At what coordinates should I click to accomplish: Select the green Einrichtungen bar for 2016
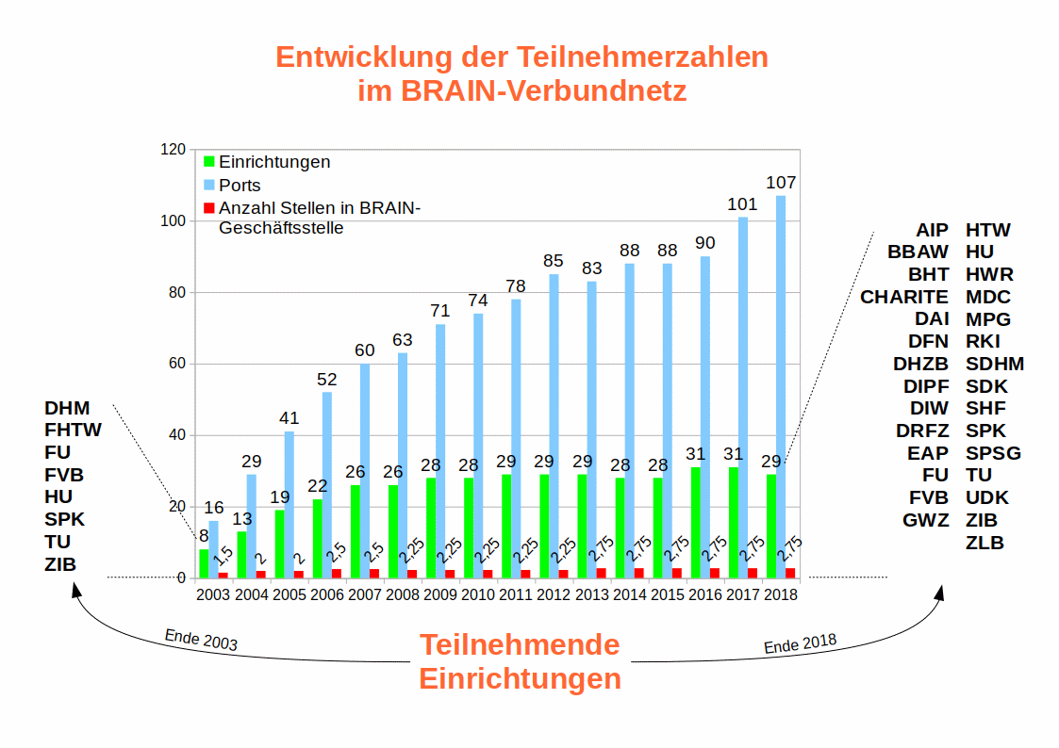(696, 522)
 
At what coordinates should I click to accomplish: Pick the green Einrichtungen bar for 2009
(431, 528)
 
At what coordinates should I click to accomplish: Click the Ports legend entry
(240, 185)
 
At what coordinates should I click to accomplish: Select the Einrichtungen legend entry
(273, 162)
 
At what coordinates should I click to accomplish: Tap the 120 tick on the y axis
(173, 150)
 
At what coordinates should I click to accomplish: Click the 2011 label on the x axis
(516, 594)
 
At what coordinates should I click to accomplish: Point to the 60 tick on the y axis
(176, 365)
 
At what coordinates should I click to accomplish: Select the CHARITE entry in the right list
(904, 297)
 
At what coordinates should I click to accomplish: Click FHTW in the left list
(73, 431)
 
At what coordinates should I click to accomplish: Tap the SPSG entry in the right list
(993, 453)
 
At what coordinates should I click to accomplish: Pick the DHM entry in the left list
(67, 408)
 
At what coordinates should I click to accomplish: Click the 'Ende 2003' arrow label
(201, 641)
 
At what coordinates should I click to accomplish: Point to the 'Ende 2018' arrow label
(800, 644)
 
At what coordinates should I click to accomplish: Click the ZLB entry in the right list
(985, 543)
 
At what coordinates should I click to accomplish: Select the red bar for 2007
(374, 573)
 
